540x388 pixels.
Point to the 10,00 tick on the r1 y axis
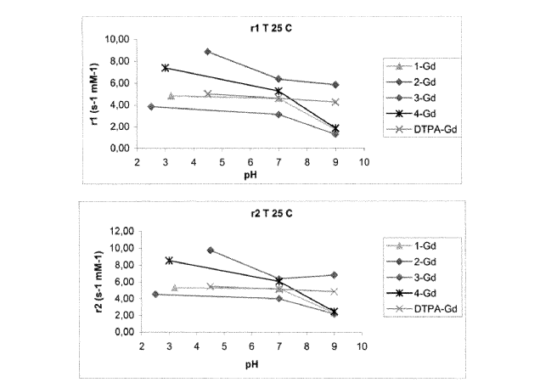coord(117,40)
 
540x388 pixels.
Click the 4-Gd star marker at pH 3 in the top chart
coord(166,68)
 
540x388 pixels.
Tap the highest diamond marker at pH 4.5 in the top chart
coord(208,52)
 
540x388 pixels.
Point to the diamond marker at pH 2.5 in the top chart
coord(151,106)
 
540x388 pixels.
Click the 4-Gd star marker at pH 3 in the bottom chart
coord(169,261)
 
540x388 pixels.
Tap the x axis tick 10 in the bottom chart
coord(362,346)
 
